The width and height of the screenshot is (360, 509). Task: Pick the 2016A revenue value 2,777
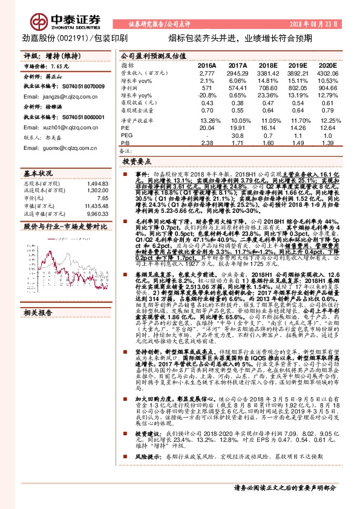(208, 73)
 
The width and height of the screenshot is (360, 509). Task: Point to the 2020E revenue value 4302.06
(326, 73)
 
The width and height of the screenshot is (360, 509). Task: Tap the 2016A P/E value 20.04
(207, 128)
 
